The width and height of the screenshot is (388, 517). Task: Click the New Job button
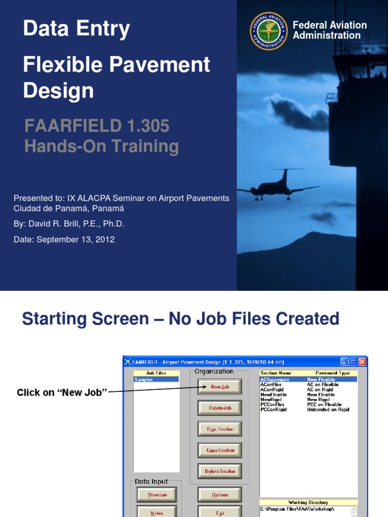[x=220, y=387]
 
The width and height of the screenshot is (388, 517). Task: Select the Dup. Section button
[x=220, y=429]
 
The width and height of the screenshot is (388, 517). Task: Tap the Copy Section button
[x=220, y=450]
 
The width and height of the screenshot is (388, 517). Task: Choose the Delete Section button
[x=220, y=472]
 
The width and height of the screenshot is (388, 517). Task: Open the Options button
[x=220, y=495]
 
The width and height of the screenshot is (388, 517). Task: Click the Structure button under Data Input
[x=157, y=495]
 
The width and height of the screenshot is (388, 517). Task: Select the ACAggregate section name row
[x=275, y=379]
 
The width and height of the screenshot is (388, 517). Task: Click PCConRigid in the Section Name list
[x=273, y=409]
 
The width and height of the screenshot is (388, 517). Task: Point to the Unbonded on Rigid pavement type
[x=328, y=409]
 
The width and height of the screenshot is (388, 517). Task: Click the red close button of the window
[x=362, y=361]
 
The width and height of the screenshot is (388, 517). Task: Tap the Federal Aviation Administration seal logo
[x=268, y=31]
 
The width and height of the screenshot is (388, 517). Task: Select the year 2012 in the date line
[x=106, y=239]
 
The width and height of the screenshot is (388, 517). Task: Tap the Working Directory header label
[x=308, y=502]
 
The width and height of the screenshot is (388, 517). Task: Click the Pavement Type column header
[x=332, y=373]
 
